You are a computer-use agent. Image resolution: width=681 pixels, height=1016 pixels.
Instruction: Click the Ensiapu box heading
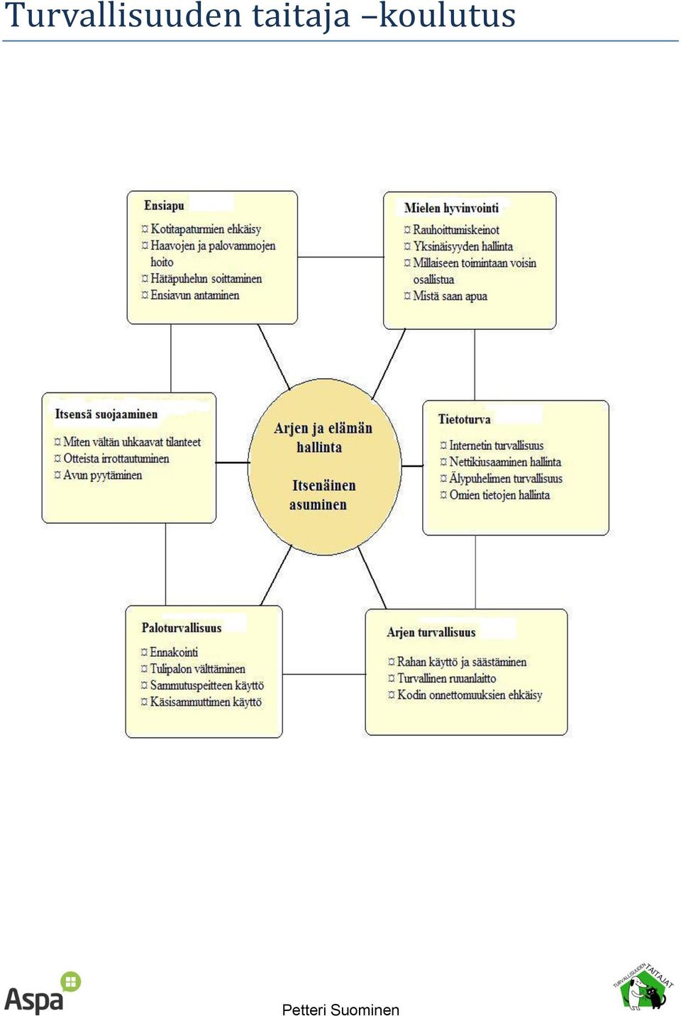(x=164, y=206)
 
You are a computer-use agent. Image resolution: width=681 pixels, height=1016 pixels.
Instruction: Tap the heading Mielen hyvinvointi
(x=451, y=208)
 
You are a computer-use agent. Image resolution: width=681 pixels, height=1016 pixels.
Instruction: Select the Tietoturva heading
(x=464, y=419)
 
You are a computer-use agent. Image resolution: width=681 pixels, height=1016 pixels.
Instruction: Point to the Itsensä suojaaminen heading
(x=106, y=414)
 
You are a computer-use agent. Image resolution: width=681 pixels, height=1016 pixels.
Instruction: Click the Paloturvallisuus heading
(x=182, y=628)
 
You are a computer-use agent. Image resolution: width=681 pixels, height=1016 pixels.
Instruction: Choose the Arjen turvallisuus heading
(x=431, y=632)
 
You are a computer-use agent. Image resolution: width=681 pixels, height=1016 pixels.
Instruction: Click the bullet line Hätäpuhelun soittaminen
(x=201, y=279)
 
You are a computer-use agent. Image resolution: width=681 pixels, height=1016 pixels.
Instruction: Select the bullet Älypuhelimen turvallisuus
(x=501, y=478)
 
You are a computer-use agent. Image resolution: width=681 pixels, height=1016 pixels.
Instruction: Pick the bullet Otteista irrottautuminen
(x=111, y=458)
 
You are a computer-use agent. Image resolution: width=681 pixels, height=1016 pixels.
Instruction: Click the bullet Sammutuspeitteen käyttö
(x=202, y=685)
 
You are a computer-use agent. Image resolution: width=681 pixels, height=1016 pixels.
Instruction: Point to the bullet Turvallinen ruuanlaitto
(x=442, y=678)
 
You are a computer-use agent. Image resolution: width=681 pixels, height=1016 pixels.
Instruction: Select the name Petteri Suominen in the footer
(x=340, y=1009)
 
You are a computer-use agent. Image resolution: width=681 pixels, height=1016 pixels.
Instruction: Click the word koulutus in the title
(x=447, y=15)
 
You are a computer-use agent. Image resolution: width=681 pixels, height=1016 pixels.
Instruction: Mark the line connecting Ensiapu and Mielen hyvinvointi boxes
(x=340, y=257)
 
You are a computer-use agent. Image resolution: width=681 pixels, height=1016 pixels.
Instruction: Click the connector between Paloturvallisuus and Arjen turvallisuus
(x=323, y=675)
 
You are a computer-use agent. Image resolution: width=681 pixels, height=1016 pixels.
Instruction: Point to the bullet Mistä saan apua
(x=445, y=296)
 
